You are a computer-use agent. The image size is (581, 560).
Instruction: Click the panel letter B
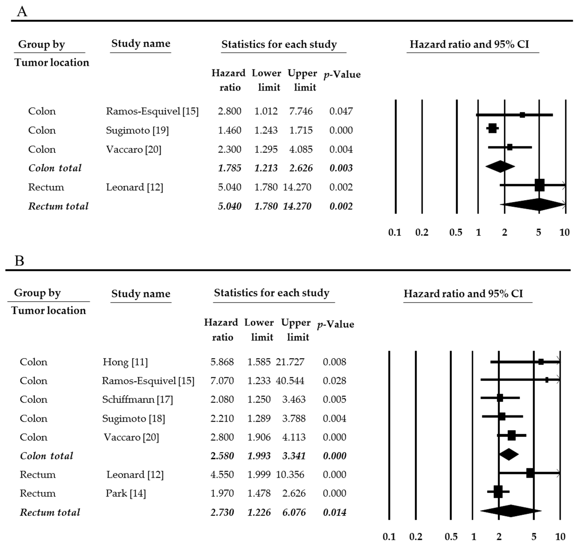(x=19, y=261)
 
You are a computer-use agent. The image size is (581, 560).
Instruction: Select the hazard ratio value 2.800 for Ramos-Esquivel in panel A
(x=229, y=111)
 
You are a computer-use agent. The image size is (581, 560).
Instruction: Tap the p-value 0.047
(x=341, y=111)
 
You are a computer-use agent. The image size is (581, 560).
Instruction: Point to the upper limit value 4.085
(x=301, y=149)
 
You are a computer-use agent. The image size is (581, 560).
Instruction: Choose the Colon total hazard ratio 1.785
(x=229, y=168)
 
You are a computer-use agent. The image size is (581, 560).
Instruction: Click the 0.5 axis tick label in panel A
(x=456, y=232)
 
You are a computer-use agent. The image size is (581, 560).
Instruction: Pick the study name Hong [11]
(x=125, y=362)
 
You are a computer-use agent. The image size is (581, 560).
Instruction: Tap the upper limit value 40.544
(x=290, y=381)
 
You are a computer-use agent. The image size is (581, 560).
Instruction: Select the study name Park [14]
(x=126, y=493)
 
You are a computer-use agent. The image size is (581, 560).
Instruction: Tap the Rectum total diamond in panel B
(x=510, y=511)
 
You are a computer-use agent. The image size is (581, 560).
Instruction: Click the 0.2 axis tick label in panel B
(x=416, y=537)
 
